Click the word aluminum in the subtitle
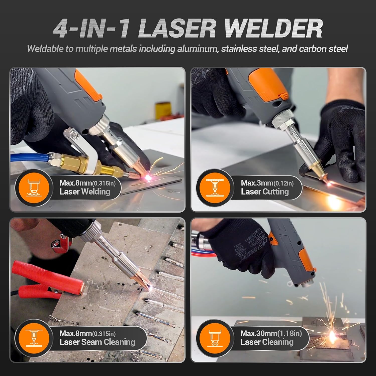[198, 49]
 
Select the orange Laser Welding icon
[33, 187]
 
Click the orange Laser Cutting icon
[215, 187]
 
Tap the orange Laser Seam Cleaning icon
[33, 338]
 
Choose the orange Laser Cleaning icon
[215, 338]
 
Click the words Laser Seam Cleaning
[97, 342]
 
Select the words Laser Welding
[85, 192]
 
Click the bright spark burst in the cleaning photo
[333, 335]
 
